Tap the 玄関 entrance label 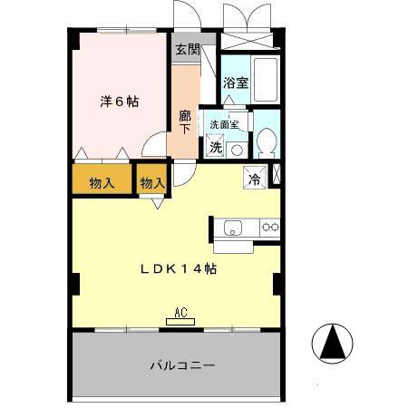pyautogui.click(x=187, y=49)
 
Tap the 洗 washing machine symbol pyautogui.click(x=215, y=146)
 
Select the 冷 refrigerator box pyautogui.click(x=255, y=177)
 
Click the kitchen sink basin pyautogui.click(x=232, y=227)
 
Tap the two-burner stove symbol pyautogui.click(x=269, y=227)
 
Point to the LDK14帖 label pyautogui.click(x=178, y=268)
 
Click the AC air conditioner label pyautogui.click(x=180, y=314)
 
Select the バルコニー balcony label pyautogui.click(x=181, y=366)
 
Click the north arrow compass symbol pyautogui.click(x=332, y=344)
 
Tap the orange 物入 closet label pyautogui.click(x=102, y=182)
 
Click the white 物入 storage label pyautogui.click(x=152, y=182)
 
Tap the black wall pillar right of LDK pyautogui.click(x=278, y=284)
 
